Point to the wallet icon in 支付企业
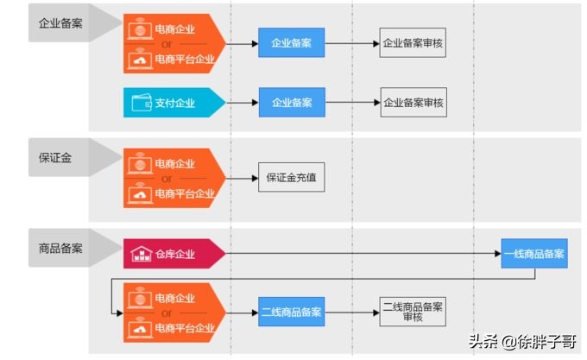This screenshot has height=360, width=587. [x=142, y=103]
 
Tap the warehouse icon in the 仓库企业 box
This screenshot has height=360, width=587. [x=141, y=254]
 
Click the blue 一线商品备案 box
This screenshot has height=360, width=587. [x=534, y=254]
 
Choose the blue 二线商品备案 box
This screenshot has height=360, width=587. [x=291, y=311]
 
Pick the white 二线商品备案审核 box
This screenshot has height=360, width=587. [x=413, y=311]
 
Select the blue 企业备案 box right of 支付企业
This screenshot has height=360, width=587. [x=291, y=103]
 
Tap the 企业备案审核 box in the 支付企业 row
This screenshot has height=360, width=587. [x=413, y=103]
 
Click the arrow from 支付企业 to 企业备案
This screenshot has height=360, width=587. [x=242, y=103]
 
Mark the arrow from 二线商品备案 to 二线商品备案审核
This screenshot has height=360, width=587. [x=350, y=311]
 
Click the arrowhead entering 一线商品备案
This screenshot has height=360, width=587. [x=498, y=254]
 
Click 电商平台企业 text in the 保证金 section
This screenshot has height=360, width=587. [x=184, y=194]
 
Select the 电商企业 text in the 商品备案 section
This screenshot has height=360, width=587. [x=174, y=296]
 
